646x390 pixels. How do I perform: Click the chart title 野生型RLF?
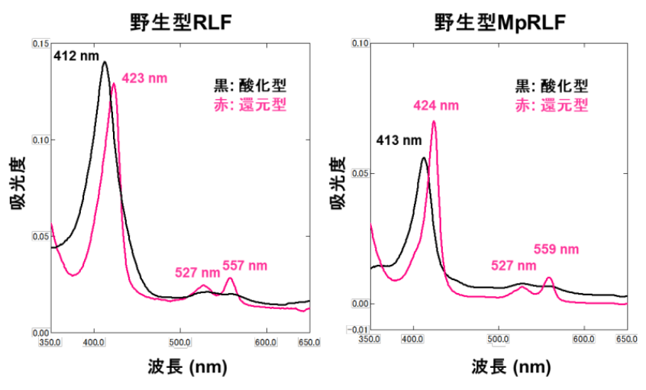[x=180, y=23]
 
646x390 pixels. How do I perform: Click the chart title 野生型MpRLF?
[x=499, y=23]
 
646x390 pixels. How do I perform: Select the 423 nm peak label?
[x=144, y=78]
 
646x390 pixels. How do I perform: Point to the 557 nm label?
[x=245, y=266]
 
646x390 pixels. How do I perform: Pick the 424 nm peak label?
[x=436, y=105]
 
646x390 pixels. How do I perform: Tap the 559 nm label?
[x=556, y=249]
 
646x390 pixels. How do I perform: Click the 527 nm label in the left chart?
[x=197, y=272]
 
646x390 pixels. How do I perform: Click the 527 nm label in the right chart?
[x=514, y=266]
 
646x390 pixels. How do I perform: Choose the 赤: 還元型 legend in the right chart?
[x=552, y=105]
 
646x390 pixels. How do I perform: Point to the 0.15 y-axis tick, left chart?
[x=40, y=44]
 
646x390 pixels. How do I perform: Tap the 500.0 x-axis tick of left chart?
[x=179, y=342]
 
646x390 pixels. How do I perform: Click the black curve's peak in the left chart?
[x=105, y=62]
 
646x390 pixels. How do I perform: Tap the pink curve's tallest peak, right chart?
[x=434, y=121]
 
